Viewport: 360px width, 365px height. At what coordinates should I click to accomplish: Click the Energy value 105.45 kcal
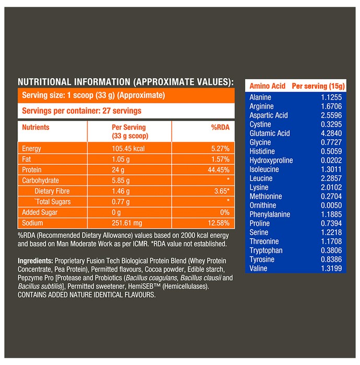[x=128, y=149]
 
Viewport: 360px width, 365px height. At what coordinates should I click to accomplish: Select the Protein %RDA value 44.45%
[x=219, y=170]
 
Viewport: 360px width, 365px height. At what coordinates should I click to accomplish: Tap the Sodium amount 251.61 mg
[x=127, y=223]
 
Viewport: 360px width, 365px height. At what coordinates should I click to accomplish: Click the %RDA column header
[x=220, y=127]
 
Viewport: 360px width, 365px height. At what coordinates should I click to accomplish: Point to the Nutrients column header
[x=35, y=127]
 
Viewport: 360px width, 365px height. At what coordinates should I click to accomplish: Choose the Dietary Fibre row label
[x=52, y=191]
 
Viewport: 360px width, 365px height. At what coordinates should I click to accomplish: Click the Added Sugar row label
[x=40, y=212]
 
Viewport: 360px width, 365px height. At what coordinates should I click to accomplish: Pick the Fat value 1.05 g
[x=121, y=159]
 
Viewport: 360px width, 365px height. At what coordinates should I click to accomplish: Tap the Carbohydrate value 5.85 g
[x=121, y=180]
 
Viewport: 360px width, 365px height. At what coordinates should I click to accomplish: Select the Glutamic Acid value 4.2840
[x=331, y=133]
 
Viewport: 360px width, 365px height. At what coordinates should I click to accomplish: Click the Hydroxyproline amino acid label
[x=271, y=161]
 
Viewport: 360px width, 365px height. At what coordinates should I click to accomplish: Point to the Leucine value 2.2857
[x=331, y=178]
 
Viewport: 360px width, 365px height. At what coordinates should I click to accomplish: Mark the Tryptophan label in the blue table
[x=266, y=250]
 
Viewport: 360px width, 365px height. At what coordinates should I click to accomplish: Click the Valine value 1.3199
[x=331, y=269]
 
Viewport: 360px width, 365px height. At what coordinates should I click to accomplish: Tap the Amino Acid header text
[x=267, y=86]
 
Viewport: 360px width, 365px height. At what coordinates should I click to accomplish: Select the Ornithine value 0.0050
[x=331, y=205]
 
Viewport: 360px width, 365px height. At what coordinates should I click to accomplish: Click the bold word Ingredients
[x=35, y=261]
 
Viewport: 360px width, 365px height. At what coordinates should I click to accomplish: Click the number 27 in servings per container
[x=106, y=111]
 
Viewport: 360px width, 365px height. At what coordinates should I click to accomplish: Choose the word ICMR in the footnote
[x=141, y=244]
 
